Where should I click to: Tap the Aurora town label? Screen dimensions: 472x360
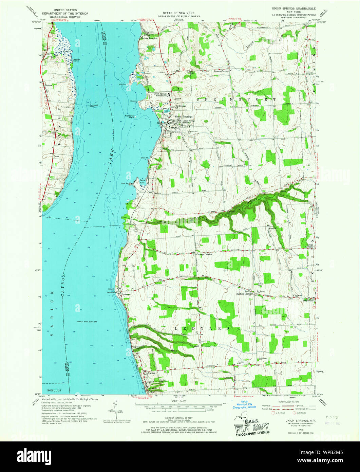click(x=151, y=373)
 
